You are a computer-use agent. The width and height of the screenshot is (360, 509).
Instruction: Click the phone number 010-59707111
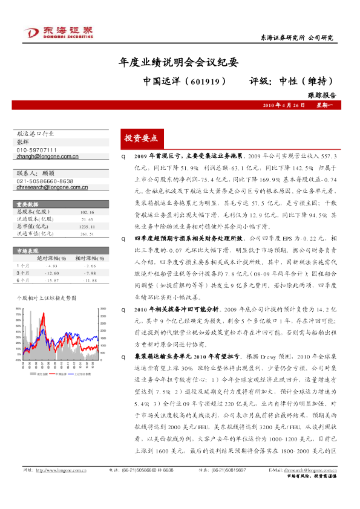click(x=36, y=150)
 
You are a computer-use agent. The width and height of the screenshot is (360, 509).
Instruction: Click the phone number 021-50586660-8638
click(x=45, y=181)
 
